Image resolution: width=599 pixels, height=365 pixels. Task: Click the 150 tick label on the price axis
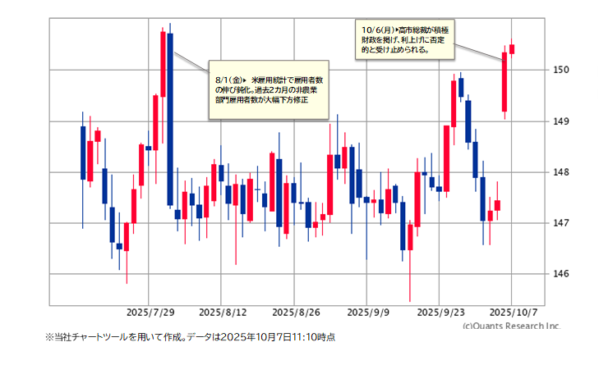(561, 70)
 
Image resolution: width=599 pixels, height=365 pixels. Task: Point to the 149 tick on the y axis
(561, 121)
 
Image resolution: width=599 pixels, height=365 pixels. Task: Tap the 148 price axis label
(561, 171)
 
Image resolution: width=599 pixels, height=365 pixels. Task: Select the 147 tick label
(561, 222)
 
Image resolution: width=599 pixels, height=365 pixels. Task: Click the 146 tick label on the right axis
(561, 273)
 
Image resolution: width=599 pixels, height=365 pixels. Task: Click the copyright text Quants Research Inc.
(510, 326)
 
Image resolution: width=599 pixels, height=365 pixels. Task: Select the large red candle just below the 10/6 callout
(505, 82)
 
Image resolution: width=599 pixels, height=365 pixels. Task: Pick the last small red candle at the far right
(512, 49)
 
